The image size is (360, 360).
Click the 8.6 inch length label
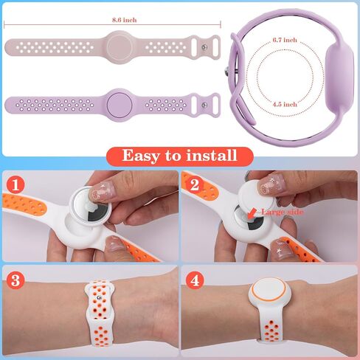[x=125, y=20]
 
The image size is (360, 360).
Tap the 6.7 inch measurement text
[x=285, y=40]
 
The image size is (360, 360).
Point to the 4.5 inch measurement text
[x=285, y=104]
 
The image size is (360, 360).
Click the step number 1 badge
[x=15, y=184]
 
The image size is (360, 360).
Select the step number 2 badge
[x=195, y=184]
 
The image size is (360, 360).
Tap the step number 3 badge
[x=15, y=280]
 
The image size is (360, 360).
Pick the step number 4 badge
[x=195, y=280]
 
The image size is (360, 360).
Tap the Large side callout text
[x=282, y=212]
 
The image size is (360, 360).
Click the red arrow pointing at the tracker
[x=252, y=213]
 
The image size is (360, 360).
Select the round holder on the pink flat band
[x=120, y=46]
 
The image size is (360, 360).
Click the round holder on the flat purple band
[x=120, y=105]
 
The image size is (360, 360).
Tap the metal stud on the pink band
[x=204, y=47]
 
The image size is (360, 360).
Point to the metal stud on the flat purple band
[x=204, y=105]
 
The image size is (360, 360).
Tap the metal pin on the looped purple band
[x=229, y=72]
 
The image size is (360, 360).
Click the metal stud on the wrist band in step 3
[x=99, y=298]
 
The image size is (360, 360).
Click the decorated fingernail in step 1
[x=101, y=190]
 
